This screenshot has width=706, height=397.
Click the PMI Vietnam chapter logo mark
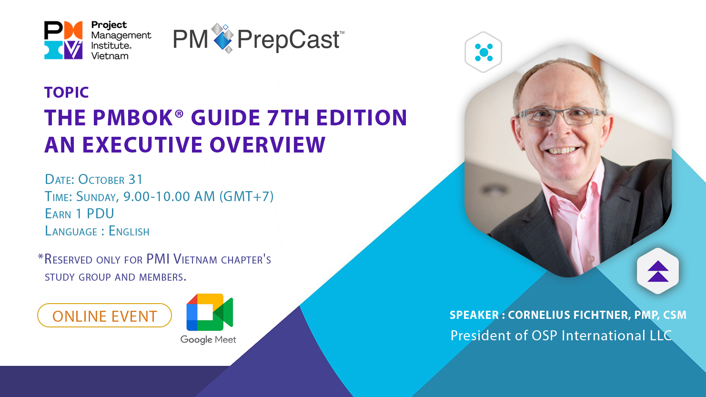point(63,40)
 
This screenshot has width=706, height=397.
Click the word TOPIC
point(67,92)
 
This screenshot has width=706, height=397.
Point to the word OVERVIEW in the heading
point(267,145)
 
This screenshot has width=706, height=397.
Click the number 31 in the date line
point(135,179)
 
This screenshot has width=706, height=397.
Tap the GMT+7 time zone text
point(246,196)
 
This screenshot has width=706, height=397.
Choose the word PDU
point(100,214)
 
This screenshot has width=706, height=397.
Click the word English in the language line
point(129,231)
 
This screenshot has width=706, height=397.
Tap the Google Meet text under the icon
point(208,340)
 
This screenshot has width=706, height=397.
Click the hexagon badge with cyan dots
point(483,52)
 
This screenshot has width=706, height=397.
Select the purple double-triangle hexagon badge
point(658,271)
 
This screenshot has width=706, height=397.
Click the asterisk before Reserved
point(40,256)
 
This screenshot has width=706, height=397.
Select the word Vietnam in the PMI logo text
point(110,56)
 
